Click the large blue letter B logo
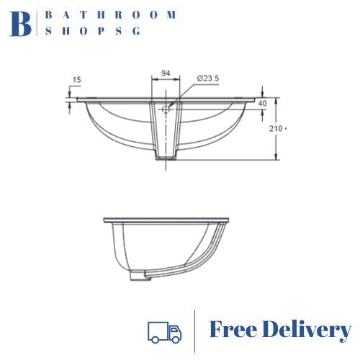click(x=21, y=24)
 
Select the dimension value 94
click(x=166, y=73)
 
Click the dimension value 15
click(x=76, y=80)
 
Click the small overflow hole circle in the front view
click(x=166, y=109)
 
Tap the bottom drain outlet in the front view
click(x=166, y=156)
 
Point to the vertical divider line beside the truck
click(x=195, y=331)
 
